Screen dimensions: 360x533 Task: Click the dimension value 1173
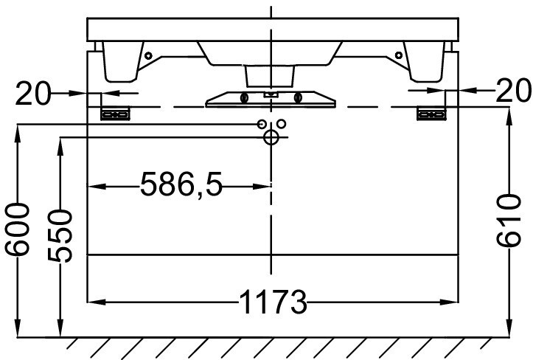coord(272,302)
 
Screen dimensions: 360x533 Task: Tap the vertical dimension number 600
coord(18,229)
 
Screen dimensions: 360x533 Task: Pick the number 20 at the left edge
coord(34,92)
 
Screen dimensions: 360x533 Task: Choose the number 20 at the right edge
coord(513,91)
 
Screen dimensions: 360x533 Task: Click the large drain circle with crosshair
coord(271,137)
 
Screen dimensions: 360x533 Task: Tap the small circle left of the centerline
coord(262,124)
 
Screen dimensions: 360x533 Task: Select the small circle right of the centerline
coord(281,124)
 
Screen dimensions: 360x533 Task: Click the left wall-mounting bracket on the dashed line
coord(115,114)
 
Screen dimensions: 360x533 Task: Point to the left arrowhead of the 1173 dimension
coord(94,302)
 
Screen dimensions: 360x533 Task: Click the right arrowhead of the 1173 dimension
coord(451,302)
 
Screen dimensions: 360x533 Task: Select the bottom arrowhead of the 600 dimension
coord(18,332)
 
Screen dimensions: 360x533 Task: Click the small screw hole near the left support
coord(148,55)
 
